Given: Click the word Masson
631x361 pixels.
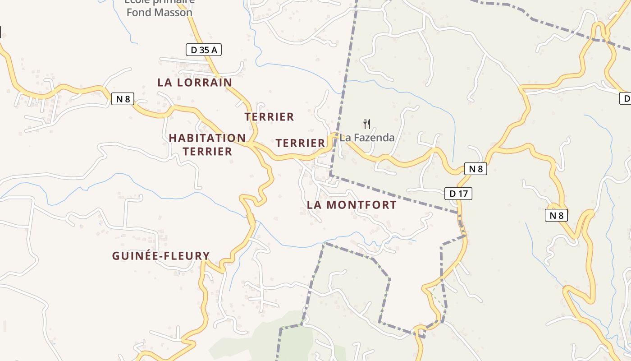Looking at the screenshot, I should pos(174,12).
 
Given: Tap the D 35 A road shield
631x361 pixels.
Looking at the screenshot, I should pos(204,50).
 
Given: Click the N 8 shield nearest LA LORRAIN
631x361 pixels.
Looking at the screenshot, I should pos(123,99).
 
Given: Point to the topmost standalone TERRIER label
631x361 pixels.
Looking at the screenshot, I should pos(269,117).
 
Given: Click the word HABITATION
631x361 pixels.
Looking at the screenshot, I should pos(207,138).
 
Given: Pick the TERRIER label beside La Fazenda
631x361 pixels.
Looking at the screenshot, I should pos(300,143).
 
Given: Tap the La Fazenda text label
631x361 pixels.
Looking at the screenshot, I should pos(367,138).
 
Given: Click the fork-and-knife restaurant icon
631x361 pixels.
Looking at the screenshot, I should pos(367,123).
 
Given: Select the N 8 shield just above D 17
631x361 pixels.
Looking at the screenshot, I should pos(476,169).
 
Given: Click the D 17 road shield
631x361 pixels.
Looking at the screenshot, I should pos(458,194).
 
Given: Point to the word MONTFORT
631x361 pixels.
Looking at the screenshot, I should pos(361,205).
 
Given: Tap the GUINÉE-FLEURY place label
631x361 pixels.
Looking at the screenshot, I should pos(161,256).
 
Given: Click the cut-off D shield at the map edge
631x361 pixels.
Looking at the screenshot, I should pos(626,98).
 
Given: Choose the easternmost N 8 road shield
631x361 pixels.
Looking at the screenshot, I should pos(556,215).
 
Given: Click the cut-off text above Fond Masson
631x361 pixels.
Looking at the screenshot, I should pos(160,1).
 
